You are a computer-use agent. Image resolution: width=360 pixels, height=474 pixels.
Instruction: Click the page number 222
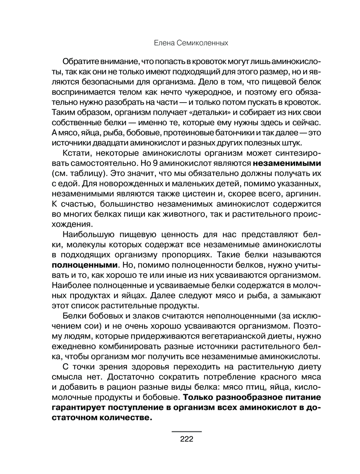(x=186, y=439)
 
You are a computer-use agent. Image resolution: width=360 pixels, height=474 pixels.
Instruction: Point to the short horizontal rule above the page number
(x=186, y=431)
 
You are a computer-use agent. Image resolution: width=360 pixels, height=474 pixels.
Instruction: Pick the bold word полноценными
(x=85, y=265)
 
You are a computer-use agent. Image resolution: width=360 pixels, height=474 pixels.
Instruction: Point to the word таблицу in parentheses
(x=89, y=173)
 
